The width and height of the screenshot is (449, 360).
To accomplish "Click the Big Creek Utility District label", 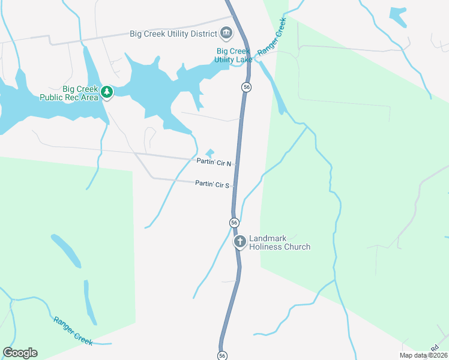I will pos(173,34).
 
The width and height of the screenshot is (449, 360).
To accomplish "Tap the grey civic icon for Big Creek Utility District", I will pos(226,32).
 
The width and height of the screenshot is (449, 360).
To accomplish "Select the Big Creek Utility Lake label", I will pos(234,55).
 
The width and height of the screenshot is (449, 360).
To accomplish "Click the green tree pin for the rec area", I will pos(107,92).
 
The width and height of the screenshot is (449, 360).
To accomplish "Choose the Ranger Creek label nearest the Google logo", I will pos(73,331).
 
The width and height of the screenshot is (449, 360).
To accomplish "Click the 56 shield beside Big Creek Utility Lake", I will pos(246,87).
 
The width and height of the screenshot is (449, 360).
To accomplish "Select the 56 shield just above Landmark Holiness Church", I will pos(234,223).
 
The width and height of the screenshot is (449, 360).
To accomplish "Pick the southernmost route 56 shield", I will pos(223,355).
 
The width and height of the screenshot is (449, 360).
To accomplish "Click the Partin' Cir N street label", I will pos(214,163).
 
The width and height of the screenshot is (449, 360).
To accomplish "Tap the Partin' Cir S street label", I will pos(212,184).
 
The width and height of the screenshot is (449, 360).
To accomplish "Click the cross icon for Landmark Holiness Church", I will pos(240,242).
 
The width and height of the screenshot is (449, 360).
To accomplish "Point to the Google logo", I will pos(20,353).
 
